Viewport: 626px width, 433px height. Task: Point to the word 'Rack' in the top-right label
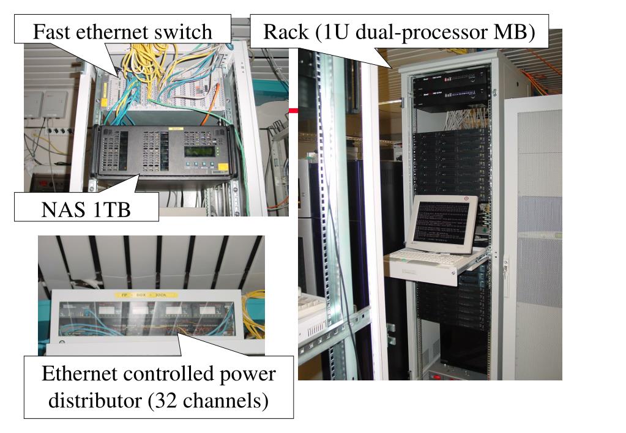pos(286,32)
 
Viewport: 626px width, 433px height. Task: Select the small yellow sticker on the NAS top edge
pos(176,129)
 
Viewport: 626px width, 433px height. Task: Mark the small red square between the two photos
pos(294,111)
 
